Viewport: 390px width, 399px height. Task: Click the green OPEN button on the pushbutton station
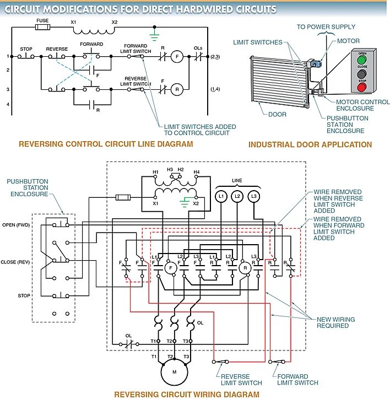point(361,59)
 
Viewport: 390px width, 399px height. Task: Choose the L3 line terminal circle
point(254,196)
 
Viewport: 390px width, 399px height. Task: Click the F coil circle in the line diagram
point(178,56)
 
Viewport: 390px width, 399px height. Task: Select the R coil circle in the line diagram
point(178,88)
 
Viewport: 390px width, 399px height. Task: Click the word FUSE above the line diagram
point(42,19)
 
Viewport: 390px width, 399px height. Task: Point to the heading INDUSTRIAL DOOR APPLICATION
point(310,145)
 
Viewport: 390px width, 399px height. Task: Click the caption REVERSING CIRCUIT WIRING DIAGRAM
point(186,394)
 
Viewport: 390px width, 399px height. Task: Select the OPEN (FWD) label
point(16,224)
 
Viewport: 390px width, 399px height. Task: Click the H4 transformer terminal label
point(197,172)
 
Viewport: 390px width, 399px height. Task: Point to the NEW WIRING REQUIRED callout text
point(336,322)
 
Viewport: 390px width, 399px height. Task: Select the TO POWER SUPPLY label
point(326,26)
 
